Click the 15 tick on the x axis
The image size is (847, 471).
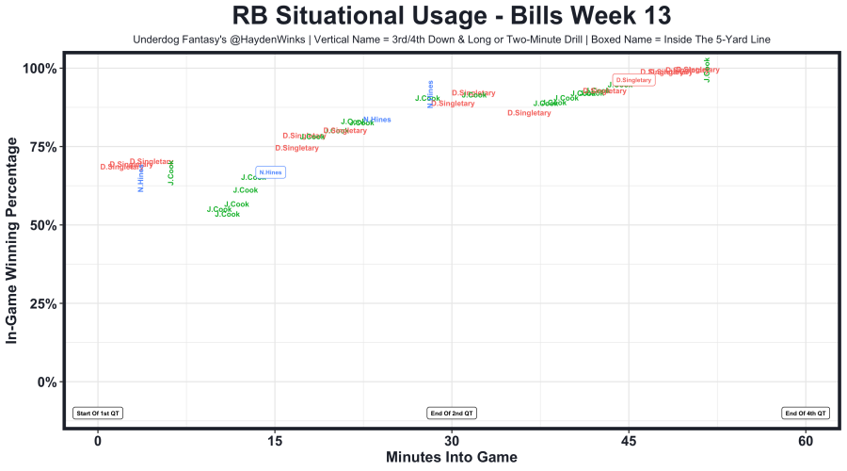pyautogui.click(x=275, y=441)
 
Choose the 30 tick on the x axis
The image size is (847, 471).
pyautogui.click(x=452, y=441)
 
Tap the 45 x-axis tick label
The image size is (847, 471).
pyautogui.click(x=629, y=441)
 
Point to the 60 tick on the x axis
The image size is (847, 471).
pyautogui.click(x=806, y=441)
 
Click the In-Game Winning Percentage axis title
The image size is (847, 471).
pyautogui.click(x=13, y=240)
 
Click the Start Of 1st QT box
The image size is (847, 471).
pyautogui.click(x=98, y=413)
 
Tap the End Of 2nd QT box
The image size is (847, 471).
pyautogui.click(x=452, y=413)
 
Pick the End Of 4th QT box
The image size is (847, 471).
pyautogui.click(x=806, y=413)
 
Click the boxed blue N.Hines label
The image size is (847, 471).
pyautogui.click(x=270, y=172)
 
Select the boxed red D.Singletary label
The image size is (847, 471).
pyautogui.click(x=633, y=80)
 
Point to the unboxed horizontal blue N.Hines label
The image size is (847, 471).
pyautogui.click(x=376, y=120)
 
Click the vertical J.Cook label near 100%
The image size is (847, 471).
pyautogui.click(x=707, y=71)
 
